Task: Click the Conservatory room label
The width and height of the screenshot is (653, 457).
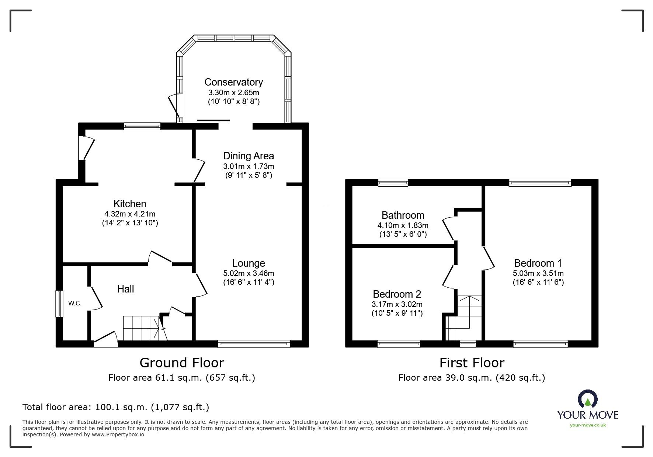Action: (x=233, y=82)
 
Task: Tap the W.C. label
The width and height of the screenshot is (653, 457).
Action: (x=74, y=304)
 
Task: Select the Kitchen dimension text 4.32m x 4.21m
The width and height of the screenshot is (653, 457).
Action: (x=130, y=214)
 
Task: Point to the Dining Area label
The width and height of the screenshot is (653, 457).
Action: (x=249, y=156)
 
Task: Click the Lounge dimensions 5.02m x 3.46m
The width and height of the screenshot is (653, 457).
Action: (x=249, y=273)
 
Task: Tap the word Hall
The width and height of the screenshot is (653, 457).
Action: (x=125, y=289)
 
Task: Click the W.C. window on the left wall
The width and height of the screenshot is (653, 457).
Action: (x=59, y=304)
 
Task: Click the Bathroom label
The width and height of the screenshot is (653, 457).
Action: (x=403, y=215)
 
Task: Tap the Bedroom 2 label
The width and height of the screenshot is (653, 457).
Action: (x=397, y=294)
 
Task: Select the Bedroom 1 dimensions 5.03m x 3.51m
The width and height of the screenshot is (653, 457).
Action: (x=538, y=273)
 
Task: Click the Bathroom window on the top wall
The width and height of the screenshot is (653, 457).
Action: (x=393, y=183)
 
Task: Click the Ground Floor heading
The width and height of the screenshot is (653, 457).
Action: (x=182, y=363)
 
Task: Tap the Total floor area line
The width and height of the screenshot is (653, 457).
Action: (x=116, y=407)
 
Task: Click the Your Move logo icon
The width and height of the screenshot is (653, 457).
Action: (x=587, y=399)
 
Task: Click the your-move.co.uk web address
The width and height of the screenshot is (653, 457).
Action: (x=588, y=425)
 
